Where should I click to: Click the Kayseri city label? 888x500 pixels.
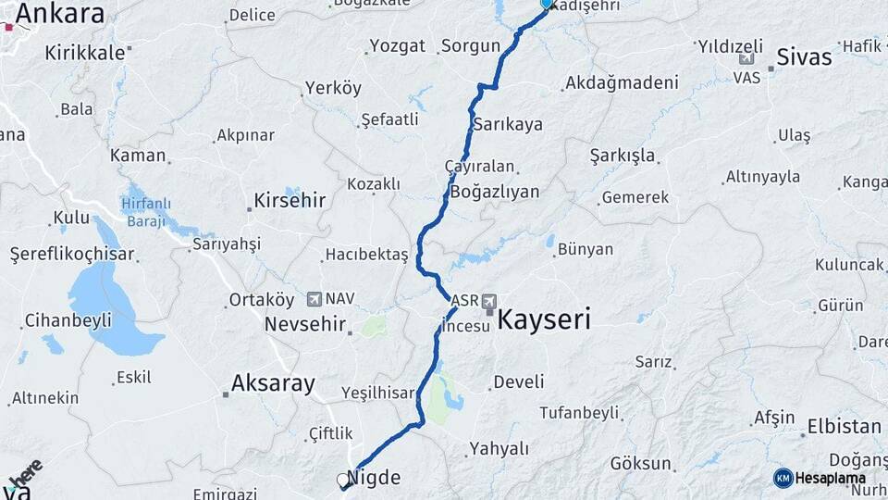544,320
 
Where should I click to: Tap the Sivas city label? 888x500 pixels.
804,56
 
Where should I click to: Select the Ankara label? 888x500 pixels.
59,13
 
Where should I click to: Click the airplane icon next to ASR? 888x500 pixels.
489,301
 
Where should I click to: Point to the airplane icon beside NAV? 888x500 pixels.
314,299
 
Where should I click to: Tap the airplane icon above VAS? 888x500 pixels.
747,59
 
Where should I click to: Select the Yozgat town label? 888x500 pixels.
397,45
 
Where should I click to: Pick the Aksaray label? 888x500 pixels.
273,382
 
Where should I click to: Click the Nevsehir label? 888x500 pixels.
305,325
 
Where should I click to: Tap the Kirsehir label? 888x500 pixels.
290,200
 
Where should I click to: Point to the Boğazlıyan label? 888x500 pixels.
495,192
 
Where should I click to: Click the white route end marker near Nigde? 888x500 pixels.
345,481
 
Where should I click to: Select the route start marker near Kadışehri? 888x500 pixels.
546,4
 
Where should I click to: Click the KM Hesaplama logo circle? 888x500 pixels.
783,478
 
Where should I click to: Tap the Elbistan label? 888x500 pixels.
844,427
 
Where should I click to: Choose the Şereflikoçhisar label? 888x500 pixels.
72,255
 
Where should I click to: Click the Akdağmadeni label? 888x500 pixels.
621,82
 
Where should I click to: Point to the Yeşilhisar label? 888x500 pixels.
377,393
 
